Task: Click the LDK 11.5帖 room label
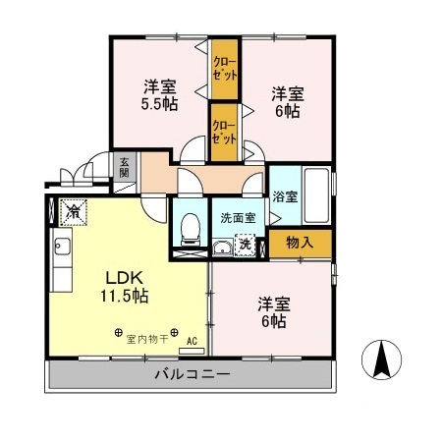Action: click(124, 285)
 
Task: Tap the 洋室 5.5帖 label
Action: click(157, 93)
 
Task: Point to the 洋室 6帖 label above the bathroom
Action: click(288, 102)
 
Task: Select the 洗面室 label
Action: click(237, 217)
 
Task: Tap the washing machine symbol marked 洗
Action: click(249, 245)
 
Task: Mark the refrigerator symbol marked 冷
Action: click(73, 210)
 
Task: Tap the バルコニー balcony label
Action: click(192, 374)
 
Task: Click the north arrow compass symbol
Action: click(384, 359)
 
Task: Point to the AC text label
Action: click(193, 341)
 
